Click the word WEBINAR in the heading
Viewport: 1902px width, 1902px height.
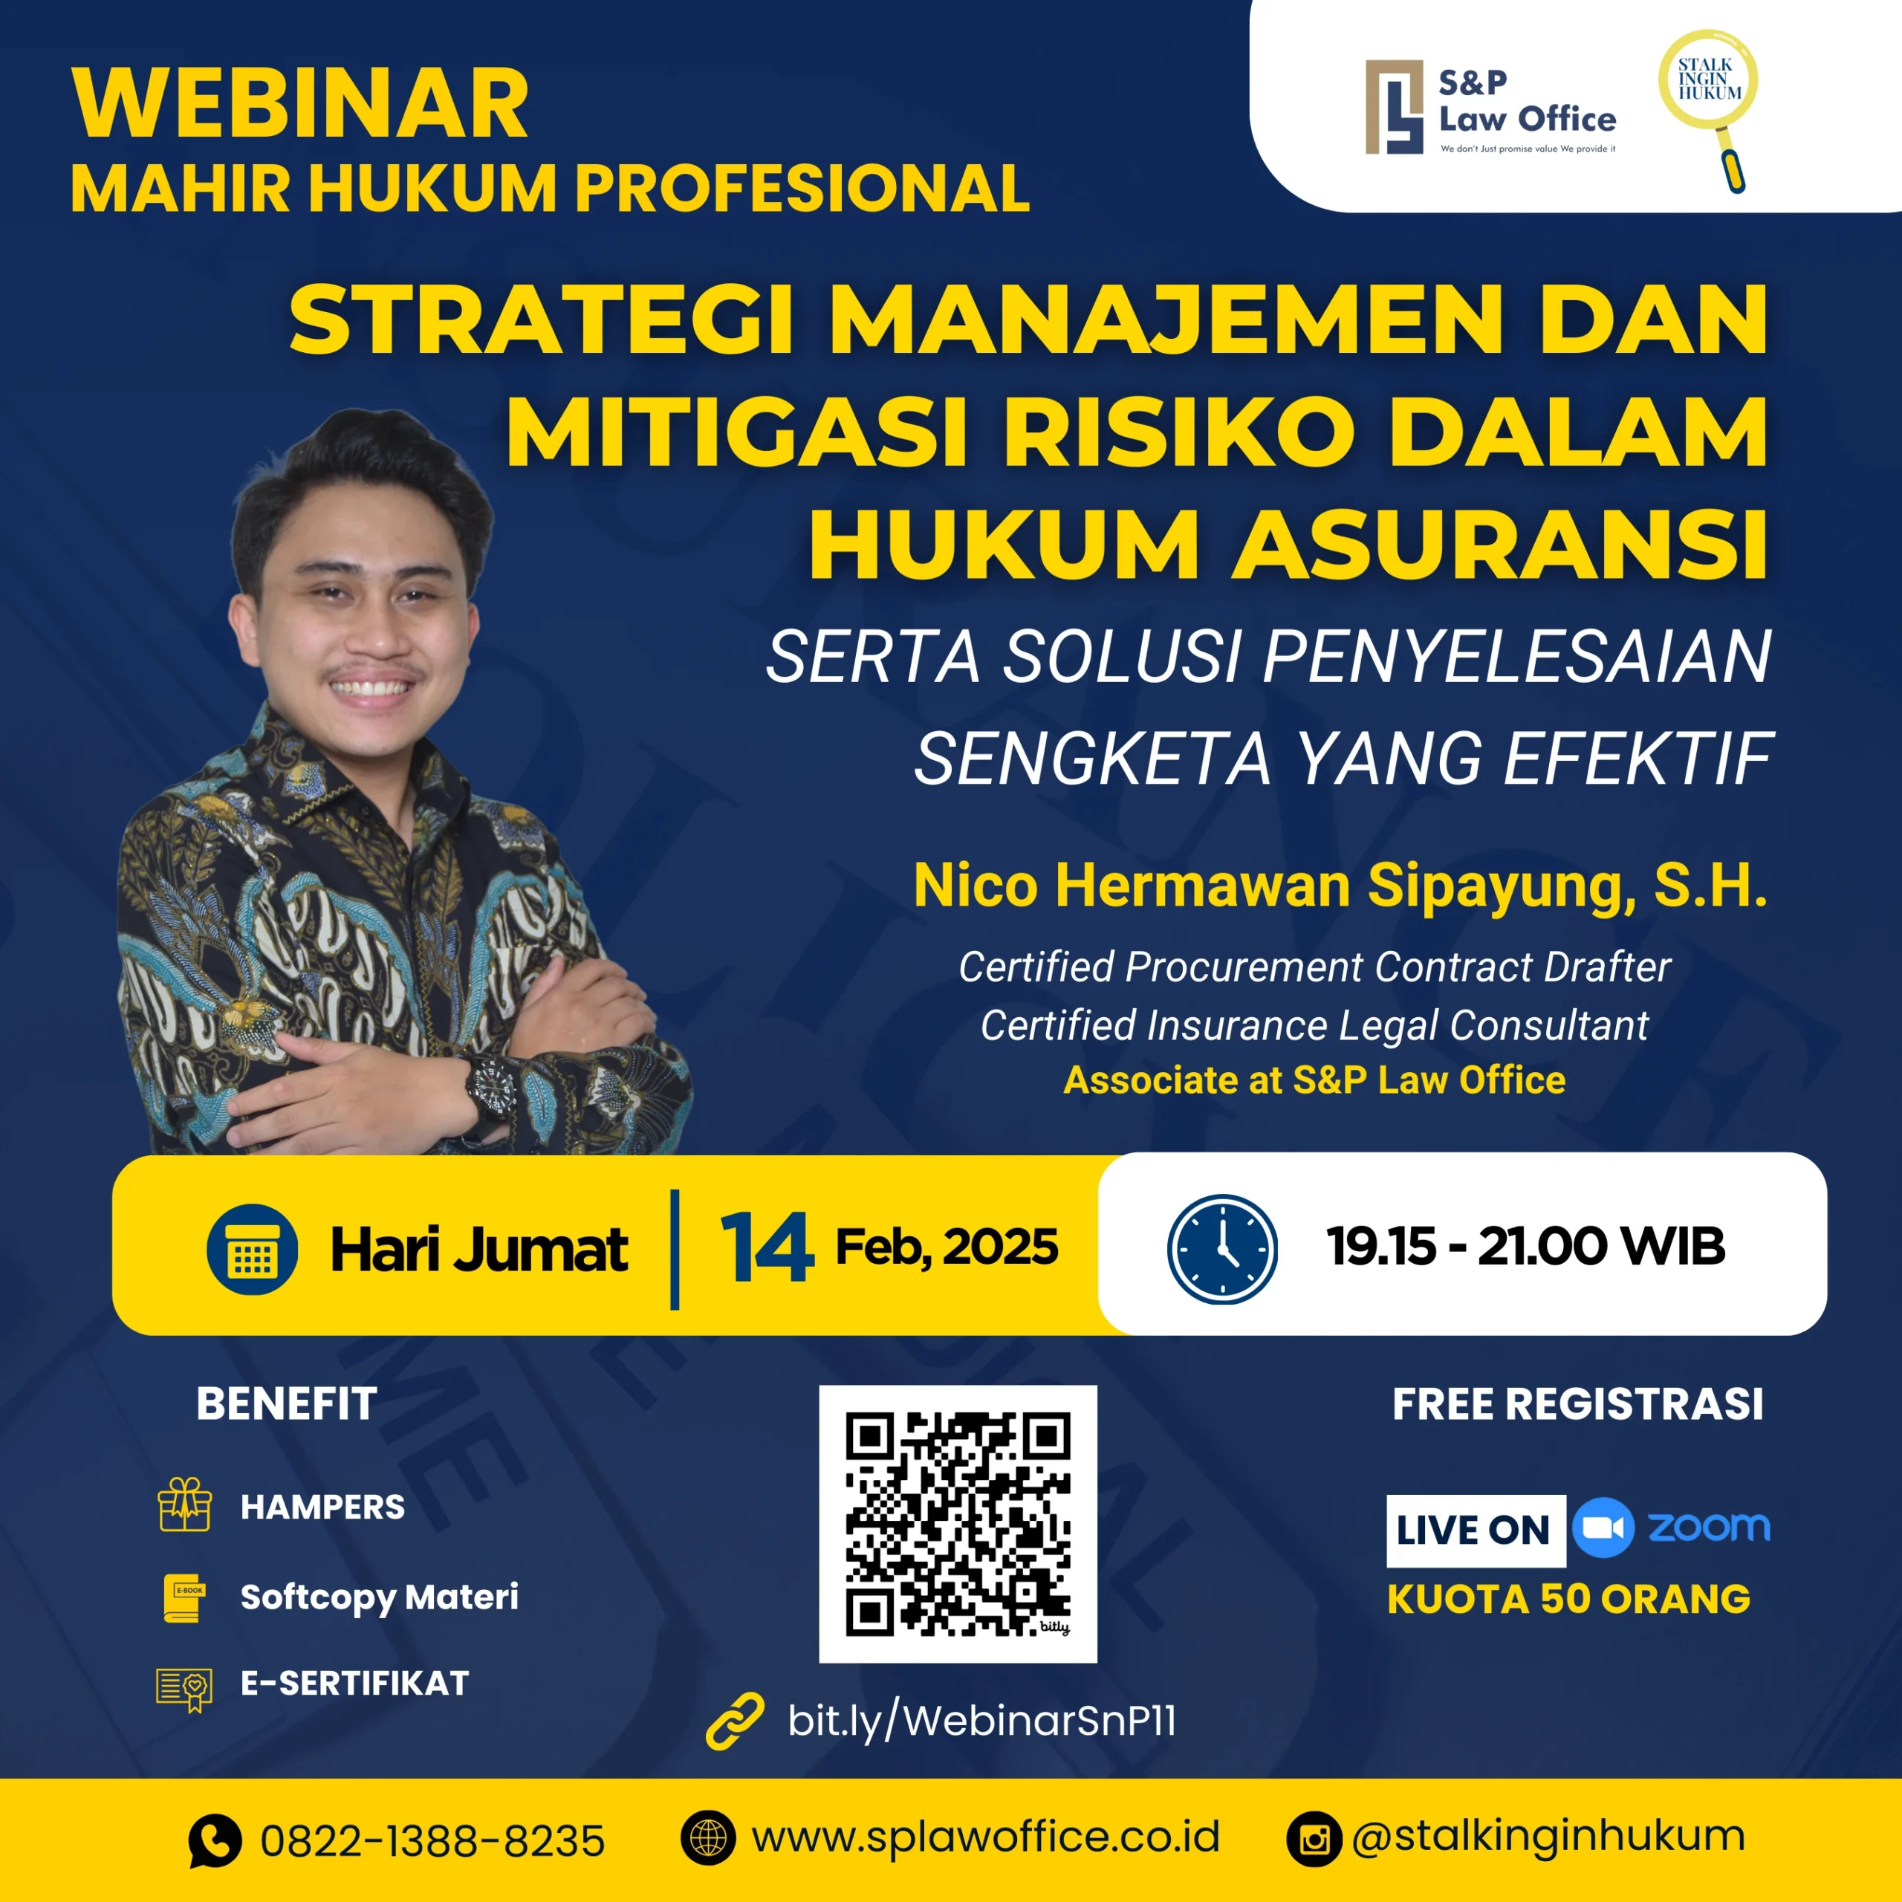(300, 104)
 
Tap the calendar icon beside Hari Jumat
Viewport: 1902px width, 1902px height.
(252, 1248)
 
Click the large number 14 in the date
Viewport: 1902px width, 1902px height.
(766, 1247)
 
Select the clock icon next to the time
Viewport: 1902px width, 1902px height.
(1221, 1248)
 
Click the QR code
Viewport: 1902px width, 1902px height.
(958, 1523)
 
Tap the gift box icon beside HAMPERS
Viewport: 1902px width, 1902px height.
(185, 1505)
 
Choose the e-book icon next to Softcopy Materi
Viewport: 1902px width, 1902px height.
(185, 1596)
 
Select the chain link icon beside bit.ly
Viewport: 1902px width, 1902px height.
(734, 1721)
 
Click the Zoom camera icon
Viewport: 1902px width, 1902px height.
(1603, 1527)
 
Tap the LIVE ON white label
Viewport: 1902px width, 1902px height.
(1475, 1530)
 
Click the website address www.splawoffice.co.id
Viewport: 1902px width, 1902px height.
(985, 1837)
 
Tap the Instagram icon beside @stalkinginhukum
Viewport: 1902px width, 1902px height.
(1314, 1839)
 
